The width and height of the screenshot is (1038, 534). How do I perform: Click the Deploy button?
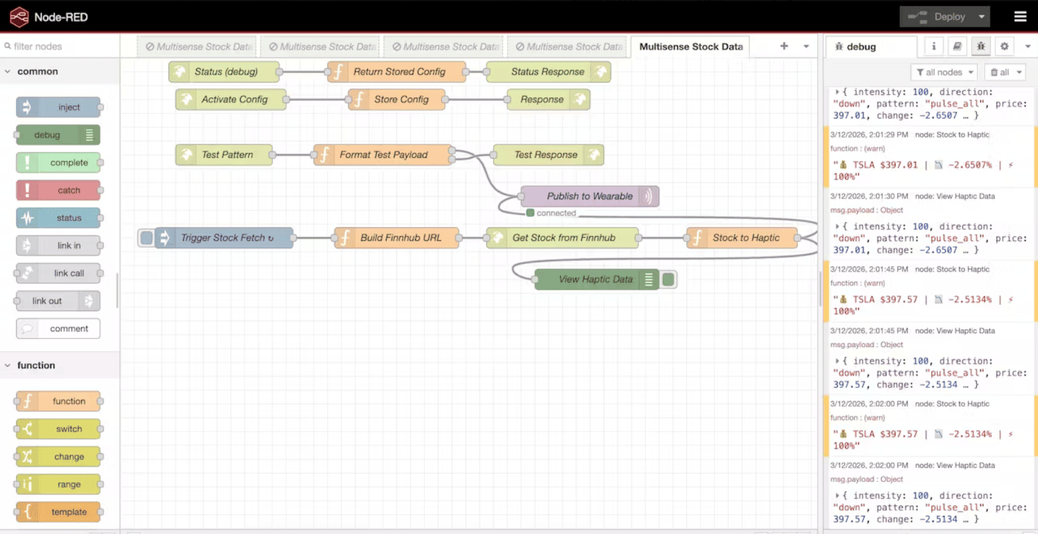click(x=937, y=17)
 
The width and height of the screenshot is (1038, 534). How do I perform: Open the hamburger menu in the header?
click(x=1020, y=17)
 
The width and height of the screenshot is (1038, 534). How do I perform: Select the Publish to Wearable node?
click(x=589, y=196)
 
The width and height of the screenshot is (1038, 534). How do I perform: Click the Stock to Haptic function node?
click(x=745, y=238)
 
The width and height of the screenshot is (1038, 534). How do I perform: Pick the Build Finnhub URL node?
click(x=400, y=238)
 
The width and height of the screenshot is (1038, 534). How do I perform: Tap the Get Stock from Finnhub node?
click(x=563, y=238)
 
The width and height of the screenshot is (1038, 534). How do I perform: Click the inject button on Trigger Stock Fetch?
click(x=146, y=238)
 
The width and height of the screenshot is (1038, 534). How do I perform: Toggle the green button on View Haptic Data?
click(x=668, y=279)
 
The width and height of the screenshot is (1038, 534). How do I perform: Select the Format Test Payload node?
click(x=383, y=155)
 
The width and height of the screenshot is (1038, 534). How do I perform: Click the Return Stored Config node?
click(x=399, y=72)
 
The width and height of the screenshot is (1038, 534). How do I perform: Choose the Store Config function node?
click(x=401, y=99)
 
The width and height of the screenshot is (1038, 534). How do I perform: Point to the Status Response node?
click(x=547, y=72)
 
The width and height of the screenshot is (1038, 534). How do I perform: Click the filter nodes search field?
click(x=62, y=46)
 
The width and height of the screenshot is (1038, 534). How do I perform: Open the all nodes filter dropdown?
click(x=944, y=73)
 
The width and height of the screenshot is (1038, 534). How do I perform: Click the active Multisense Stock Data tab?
click(x=691, y=47)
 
